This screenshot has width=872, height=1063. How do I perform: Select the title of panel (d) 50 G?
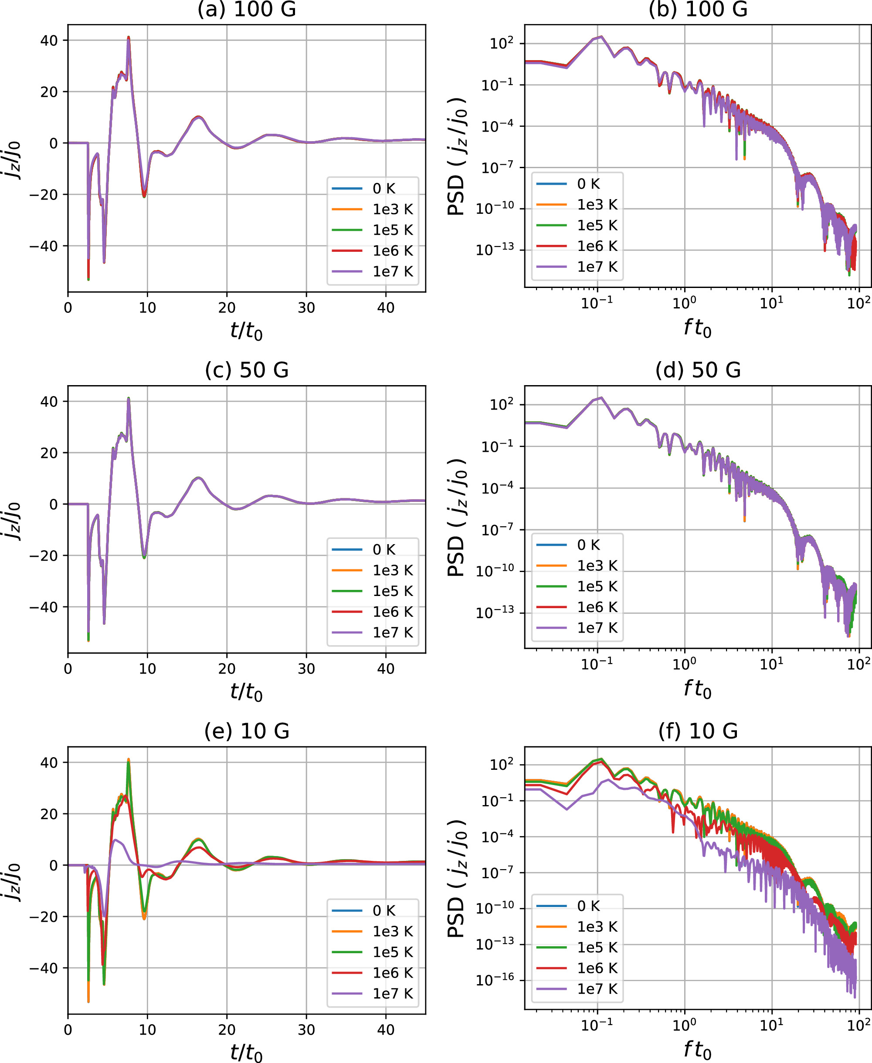(x=698, y=370)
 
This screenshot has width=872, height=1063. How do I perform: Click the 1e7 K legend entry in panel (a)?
(x=392, y=272)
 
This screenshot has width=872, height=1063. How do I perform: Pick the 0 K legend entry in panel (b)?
(x=588, y=184)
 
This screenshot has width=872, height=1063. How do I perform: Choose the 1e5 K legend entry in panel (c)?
(x=392, y=591)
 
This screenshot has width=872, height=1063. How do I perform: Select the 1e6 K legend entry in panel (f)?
(x=597, y=968)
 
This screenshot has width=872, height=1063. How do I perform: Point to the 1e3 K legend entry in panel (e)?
(x=392, y=931)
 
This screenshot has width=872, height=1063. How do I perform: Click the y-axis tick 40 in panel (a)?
(x=49, y=41)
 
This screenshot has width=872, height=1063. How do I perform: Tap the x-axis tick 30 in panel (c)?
(x=306, y=669)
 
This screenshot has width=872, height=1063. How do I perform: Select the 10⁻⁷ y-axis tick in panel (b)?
(x=497, y=167)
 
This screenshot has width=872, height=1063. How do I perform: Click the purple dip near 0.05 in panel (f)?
(x=567, y=809)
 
